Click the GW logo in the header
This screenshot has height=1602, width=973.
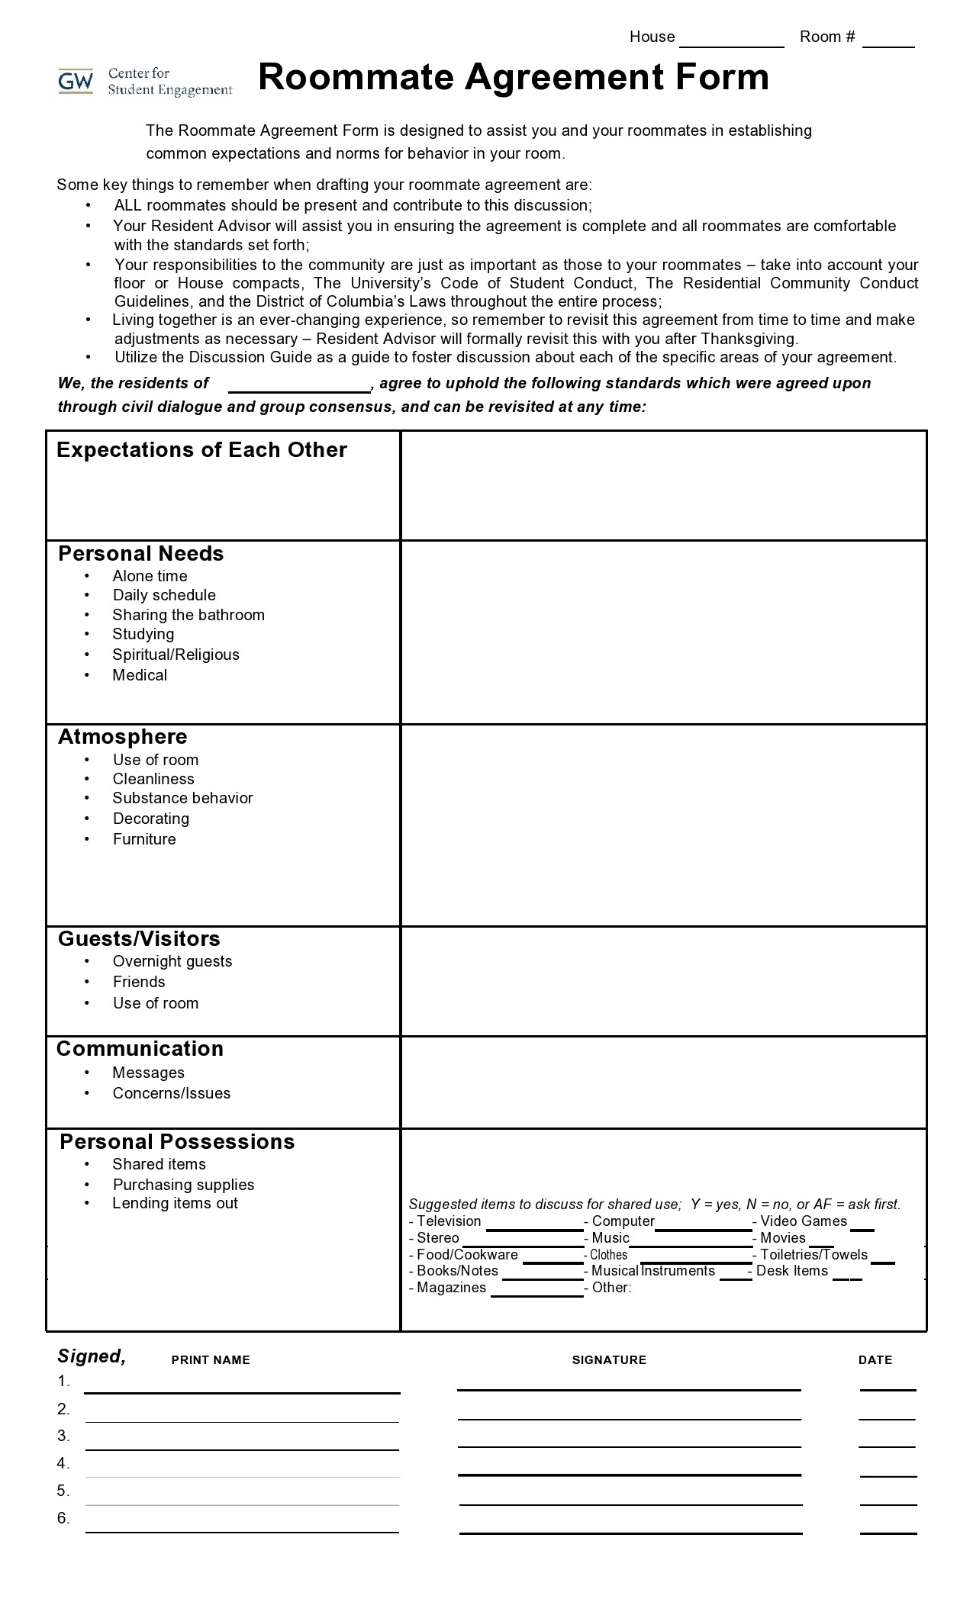(x=76, y=81)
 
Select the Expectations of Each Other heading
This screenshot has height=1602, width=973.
(x=201, y=450)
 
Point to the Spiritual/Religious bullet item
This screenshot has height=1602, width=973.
(x=176, y=655)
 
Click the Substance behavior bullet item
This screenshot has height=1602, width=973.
(x=182, y=798)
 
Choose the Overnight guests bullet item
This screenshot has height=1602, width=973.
(x=172, y=961)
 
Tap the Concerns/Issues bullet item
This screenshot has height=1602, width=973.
(x=172, y=1093)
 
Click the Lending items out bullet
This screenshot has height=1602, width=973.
(x=175, y=1203)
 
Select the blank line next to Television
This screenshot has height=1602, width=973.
(x=534, y=1228)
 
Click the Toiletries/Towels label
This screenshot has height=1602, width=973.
(x=814, y=1255)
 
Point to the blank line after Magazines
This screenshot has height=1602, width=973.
(x=536, y=1294)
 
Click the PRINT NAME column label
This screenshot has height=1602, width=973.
(x=211, y=1359)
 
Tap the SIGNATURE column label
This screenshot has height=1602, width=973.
(x=609, y=1359)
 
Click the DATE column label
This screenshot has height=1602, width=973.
(x=875, y=1359)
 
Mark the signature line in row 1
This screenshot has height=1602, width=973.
(x=629, y=1388)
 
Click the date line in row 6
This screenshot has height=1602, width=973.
(x=888, y=1532)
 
